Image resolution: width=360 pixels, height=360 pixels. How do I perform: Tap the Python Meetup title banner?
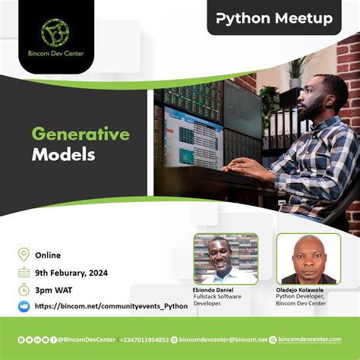[x=274, y=18]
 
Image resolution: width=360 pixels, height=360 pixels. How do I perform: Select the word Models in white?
[x=63, y=155]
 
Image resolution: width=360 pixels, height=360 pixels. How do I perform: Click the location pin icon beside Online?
[x=24, y=255]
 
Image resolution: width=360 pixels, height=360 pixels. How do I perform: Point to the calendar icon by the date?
[x=24, y=272]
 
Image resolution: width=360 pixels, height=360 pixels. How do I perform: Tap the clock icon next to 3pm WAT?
[x=24, y=289]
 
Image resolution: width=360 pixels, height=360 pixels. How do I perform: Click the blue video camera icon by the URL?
[x=24, y=306]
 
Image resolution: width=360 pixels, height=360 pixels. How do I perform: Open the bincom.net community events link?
[x=110, y=306]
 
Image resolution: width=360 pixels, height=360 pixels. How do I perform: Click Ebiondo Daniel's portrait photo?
[x=225, y=258]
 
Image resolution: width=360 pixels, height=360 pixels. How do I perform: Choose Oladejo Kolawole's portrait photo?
[x=308, y=258]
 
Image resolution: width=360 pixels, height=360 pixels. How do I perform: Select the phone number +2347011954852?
[x=144, y=339]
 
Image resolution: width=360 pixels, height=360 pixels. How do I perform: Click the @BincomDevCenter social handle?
[x=83, y=339]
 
